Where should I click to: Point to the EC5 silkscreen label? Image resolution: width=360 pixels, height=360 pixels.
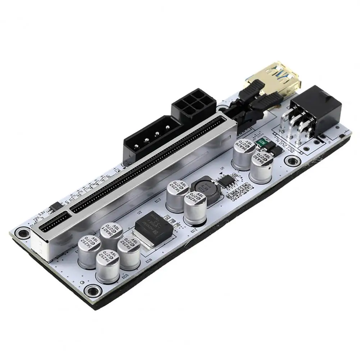click(x=125, y=277)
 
